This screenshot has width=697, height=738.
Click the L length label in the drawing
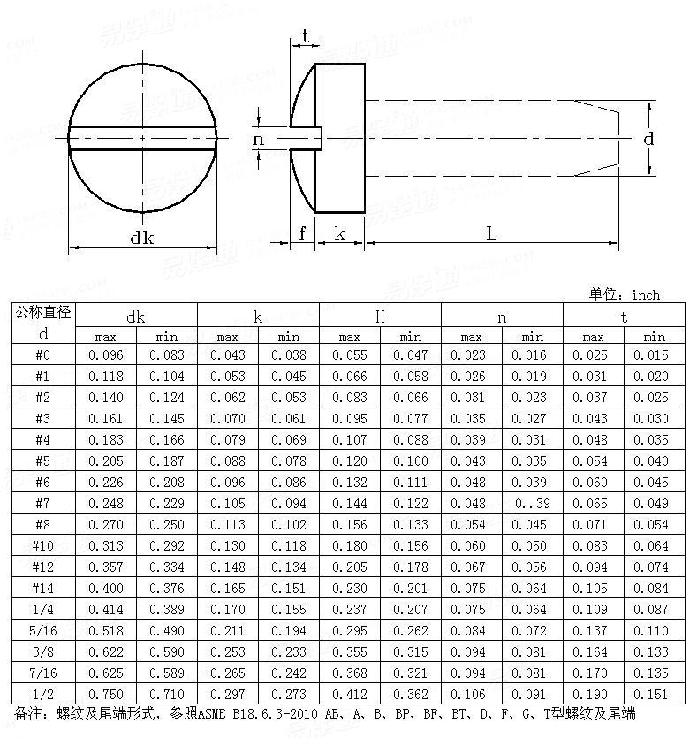click(x=491, y=232)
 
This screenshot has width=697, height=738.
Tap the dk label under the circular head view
click(x=141, y=237)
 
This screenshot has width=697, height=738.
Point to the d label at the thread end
click(x=648, y=139)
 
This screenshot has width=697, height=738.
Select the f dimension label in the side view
click(x=302, y=232)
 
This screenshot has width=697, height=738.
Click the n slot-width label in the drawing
click(x=258, y=139)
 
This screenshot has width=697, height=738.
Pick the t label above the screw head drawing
click(x=305, y=35)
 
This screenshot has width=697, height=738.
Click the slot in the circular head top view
click(x=141, y=138)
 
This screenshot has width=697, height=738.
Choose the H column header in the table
click(x=380, y=316)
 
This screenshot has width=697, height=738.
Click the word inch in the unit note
click(x=645, y=295)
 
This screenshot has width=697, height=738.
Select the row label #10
click(x=42, y=545)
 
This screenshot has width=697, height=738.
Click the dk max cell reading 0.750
click(x=105, y=694)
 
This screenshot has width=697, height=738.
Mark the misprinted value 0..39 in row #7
click(x=532, y=503)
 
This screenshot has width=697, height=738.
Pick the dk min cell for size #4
click(x=166, y=439)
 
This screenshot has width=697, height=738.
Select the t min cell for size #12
click(x=654, y=567)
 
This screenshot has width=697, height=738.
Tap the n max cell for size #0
click(x=471, y=354)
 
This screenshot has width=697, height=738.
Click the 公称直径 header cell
click(x=42, y=314)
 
